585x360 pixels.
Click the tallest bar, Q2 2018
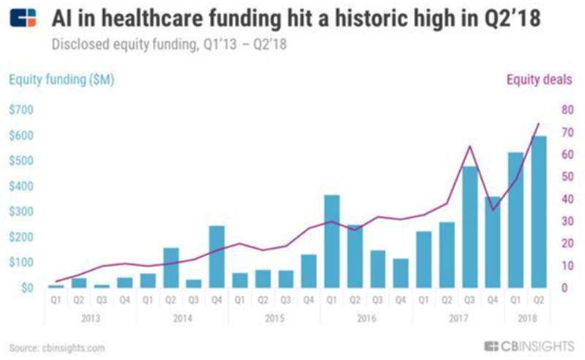pyautogui.click(x=539, y=212)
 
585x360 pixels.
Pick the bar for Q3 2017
pyautogui.click(x=469, y=227)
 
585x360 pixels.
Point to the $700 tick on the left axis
pyautogui.click(x=20, y=110)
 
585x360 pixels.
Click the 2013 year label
pyautogui.click(x=91, y=318)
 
